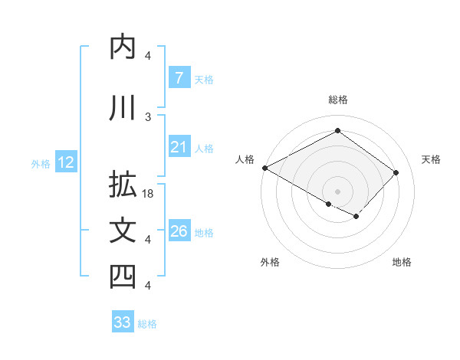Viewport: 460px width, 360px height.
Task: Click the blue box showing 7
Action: (x=179, y=78)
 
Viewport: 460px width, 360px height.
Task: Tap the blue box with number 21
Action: (x=179, y=148)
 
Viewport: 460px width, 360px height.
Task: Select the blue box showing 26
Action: (x=179, y=232)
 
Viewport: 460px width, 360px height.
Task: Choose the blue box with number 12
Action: (x=65, y=162)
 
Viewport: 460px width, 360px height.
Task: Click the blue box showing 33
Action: (x=122, y=322)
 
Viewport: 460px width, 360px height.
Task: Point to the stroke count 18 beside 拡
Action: (x=149, y=194)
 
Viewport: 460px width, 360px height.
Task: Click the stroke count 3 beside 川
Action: (x=148, y=116)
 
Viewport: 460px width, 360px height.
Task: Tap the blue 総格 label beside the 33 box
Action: (x=147, y=323)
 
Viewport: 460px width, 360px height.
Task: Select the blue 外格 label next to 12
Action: (x=41, y=163)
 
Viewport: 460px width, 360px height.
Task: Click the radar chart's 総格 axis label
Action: (x=337, y=100)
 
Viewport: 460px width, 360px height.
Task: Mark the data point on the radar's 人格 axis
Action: (x=264, y=168)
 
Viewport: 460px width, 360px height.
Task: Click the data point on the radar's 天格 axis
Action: (x=396, y=172)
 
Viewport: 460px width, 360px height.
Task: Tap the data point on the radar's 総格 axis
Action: (x=337, y=131)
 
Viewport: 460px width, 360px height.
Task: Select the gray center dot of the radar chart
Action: (x=337, y=191)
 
